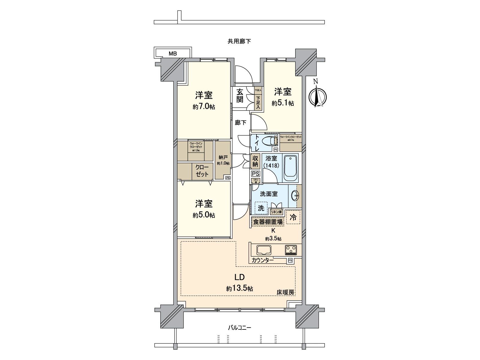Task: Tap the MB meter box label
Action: click(172, 54)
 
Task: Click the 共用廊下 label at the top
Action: click(239, 41)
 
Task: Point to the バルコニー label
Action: click(239, 328)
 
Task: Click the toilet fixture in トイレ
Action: click(270, 141)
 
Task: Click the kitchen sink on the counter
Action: click(264, 250)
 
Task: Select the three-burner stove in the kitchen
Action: click(291, 249)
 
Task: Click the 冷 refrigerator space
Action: click(293, 218)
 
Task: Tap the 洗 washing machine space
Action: click(261, 208)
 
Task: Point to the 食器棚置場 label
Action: click(268, 222)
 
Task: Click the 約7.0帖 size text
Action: click(204, 107)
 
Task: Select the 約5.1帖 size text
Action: click(283, 103)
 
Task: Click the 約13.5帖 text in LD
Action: click(239, 289)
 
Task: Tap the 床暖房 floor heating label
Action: click(285, 292)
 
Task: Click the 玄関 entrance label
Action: click(239, 95)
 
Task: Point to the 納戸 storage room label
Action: click(223, 157)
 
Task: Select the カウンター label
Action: click(262, 260)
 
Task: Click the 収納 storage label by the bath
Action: click(255, 161)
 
